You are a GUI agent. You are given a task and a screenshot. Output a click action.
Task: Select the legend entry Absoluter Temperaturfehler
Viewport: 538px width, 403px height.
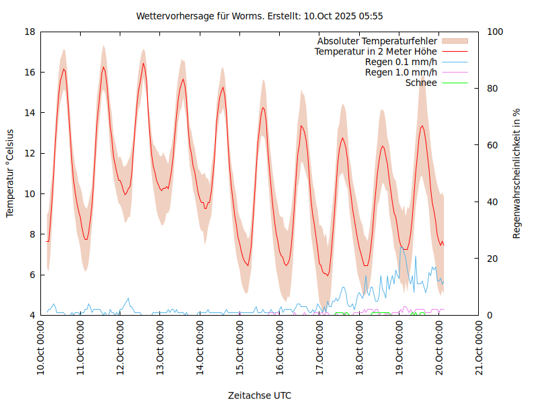377,40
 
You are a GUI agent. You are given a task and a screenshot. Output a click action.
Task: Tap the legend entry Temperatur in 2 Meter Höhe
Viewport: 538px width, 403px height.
376,51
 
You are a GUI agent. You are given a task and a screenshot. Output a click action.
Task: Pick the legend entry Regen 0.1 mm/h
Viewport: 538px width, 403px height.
401,62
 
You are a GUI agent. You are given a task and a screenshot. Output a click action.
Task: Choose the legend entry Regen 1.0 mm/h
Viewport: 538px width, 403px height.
401,73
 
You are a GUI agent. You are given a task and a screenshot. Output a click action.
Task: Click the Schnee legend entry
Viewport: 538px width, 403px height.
421,83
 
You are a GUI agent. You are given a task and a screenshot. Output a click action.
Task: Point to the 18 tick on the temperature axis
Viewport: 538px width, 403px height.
30,32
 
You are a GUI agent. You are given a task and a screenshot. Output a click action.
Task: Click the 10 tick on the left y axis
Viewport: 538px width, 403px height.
30,193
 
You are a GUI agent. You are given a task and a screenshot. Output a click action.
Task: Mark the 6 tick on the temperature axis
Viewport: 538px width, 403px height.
32,275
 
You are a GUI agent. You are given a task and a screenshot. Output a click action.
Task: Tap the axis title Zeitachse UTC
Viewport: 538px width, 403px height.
260,395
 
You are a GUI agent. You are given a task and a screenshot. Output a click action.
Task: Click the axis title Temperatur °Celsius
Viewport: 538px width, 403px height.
10,173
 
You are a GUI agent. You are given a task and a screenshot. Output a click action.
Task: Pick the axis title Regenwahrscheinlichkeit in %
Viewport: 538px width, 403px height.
517,173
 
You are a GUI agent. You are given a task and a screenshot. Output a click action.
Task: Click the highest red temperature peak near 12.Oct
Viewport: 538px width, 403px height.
143,64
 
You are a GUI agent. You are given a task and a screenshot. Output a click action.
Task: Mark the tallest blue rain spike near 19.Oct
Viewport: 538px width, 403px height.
401,247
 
